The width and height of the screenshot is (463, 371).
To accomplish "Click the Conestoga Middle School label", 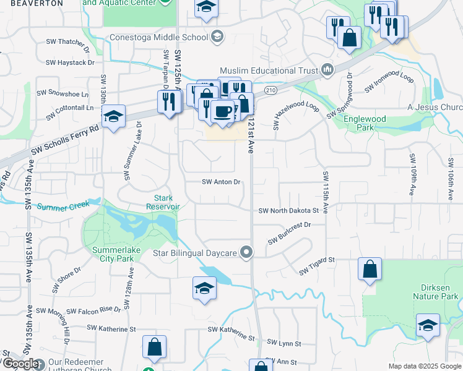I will tap(158, 37).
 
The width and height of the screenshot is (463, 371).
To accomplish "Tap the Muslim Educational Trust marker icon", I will tap(327, 69).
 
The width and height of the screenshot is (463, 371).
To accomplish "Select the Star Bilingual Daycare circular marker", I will tap(247, 252).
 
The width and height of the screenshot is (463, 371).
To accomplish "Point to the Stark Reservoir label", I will tap(163, 202).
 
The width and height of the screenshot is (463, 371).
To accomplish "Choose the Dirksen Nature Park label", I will tap(435, 292).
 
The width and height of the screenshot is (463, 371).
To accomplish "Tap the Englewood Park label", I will tap(365, 122).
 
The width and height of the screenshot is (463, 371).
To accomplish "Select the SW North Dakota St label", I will tap(288, 210).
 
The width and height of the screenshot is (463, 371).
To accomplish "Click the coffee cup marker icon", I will tap(223, 112).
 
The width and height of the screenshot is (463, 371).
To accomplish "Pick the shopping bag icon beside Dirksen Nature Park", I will tap(370, 270).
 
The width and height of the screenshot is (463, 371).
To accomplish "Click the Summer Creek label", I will tap(63, 205).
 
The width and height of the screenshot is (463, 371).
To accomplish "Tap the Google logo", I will tap(20, 364).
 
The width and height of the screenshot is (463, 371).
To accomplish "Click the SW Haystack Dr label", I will tap(70, 62).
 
